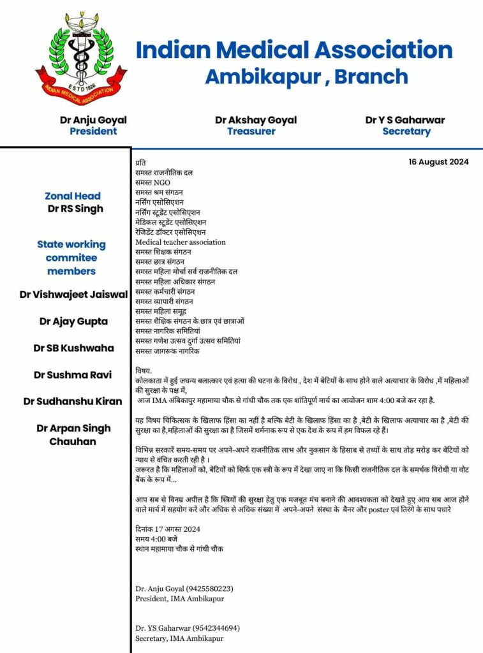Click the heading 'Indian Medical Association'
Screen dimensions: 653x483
tap(294, 50)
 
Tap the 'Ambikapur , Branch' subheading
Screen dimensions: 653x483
tap(306, 77)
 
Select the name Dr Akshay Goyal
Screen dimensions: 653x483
tap(256, 120)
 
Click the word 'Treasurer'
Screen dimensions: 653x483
tap(251, 131)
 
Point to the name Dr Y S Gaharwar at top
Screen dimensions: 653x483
tap(405, 120)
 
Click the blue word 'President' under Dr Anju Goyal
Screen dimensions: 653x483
tap(93, 131)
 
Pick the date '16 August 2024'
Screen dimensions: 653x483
tap(439, 162)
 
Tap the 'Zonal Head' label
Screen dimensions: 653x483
tap(73, 196)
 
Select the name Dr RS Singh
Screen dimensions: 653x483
tap(75, 209)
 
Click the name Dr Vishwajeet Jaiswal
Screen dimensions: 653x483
tap(74, 295)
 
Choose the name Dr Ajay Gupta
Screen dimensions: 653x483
tap(73, 321)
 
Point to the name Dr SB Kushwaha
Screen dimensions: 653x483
tap(74, 348)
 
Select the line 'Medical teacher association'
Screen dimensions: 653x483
tap(181, 242)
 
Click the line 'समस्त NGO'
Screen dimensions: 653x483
tap(153, 182)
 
